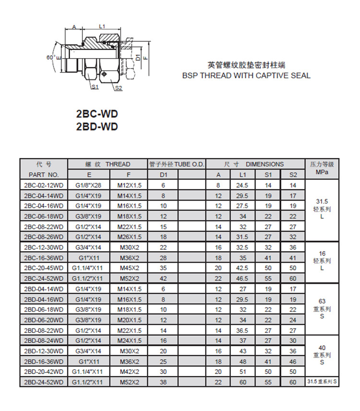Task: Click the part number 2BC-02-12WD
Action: click(x=44, y=185)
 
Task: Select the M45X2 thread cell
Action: click(x=129, y=268)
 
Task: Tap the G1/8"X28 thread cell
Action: click(x=89, y=185)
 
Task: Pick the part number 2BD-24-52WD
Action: click(x=44, y=382)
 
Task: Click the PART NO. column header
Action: click(x=44, y=175)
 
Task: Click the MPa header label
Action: click(x=322, y=172)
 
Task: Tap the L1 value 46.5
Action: click(x=243, y=278)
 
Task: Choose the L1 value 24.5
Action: click(x=243, y=185)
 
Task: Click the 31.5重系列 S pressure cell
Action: click(x=322, y=382)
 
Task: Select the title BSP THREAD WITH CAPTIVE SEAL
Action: click(x=246, y=75)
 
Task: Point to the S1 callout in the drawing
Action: click(x=95, y=87)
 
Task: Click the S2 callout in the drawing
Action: click(x=119, y=88)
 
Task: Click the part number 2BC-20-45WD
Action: click(x=44, y=268)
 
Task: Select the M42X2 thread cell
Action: click(x=129, y=372)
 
